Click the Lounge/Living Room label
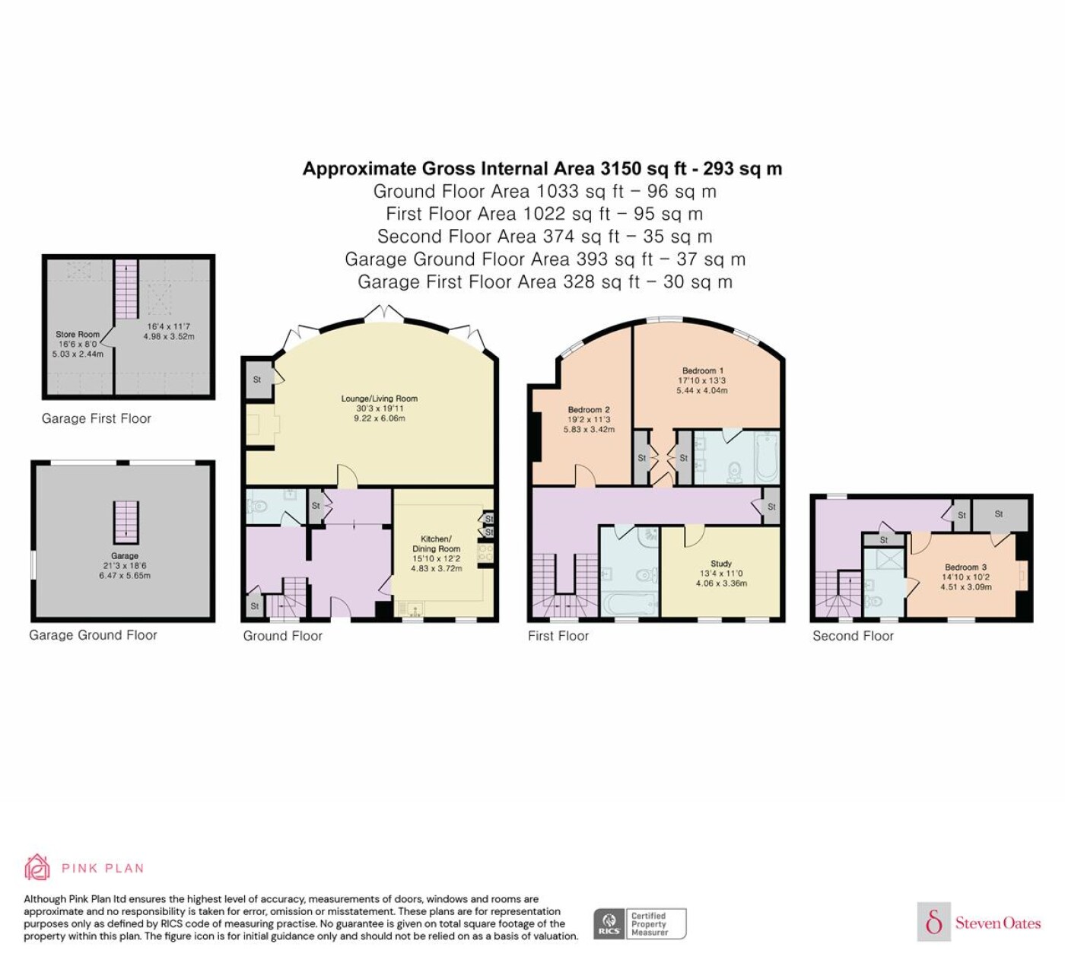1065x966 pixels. [x=379, y=399]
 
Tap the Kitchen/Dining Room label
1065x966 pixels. [x=436, y=544]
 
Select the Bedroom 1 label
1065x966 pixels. [x=702, y=370]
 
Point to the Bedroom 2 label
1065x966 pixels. [x=589, y=409]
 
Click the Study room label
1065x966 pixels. [x=721, y=564]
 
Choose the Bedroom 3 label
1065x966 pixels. [x=965, y=567]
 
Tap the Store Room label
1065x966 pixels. [x=78, y=334]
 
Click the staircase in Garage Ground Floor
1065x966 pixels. [x=126, y=522]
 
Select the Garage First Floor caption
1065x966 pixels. [x=96, y=418]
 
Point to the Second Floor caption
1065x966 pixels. [x=853, y=636]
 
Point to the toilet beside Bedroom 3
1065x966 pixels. [x=873, y=601]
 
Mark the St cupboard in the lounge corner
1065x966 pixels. [x=257, y=380]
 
